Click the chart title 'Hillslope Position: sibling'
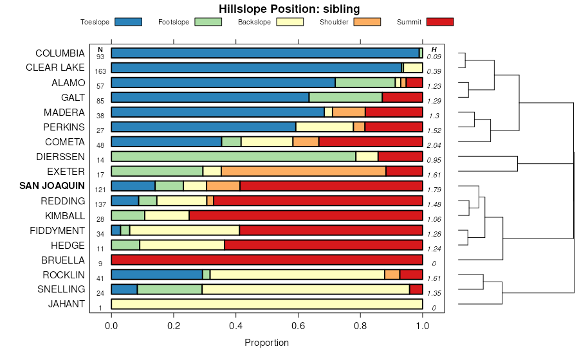pos(289,8)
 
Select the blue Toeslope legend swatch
pos(128,22)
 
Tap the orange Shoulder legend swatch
pos(367,22)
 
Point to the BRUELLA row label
pos(62,260)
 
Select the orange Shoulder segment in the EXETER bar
pos(303,171)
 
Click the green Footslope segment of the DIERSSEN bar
pos(234,156)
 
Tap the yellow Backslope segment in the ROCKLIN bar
pos(297,274)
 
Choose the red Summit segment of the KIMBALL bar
pos(306,215)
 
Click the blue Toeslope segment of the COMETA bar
pos(167,141)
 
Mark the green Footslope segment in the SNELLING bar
pos(169,289)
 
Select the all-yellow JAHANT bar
pos(267,304)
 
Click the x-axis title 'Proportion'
pos(266,343)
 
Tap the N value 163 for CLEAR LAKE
pos(100,71)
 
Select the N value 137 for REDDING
pos(100,204)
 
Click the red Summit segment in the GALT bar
pos(402,97)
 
